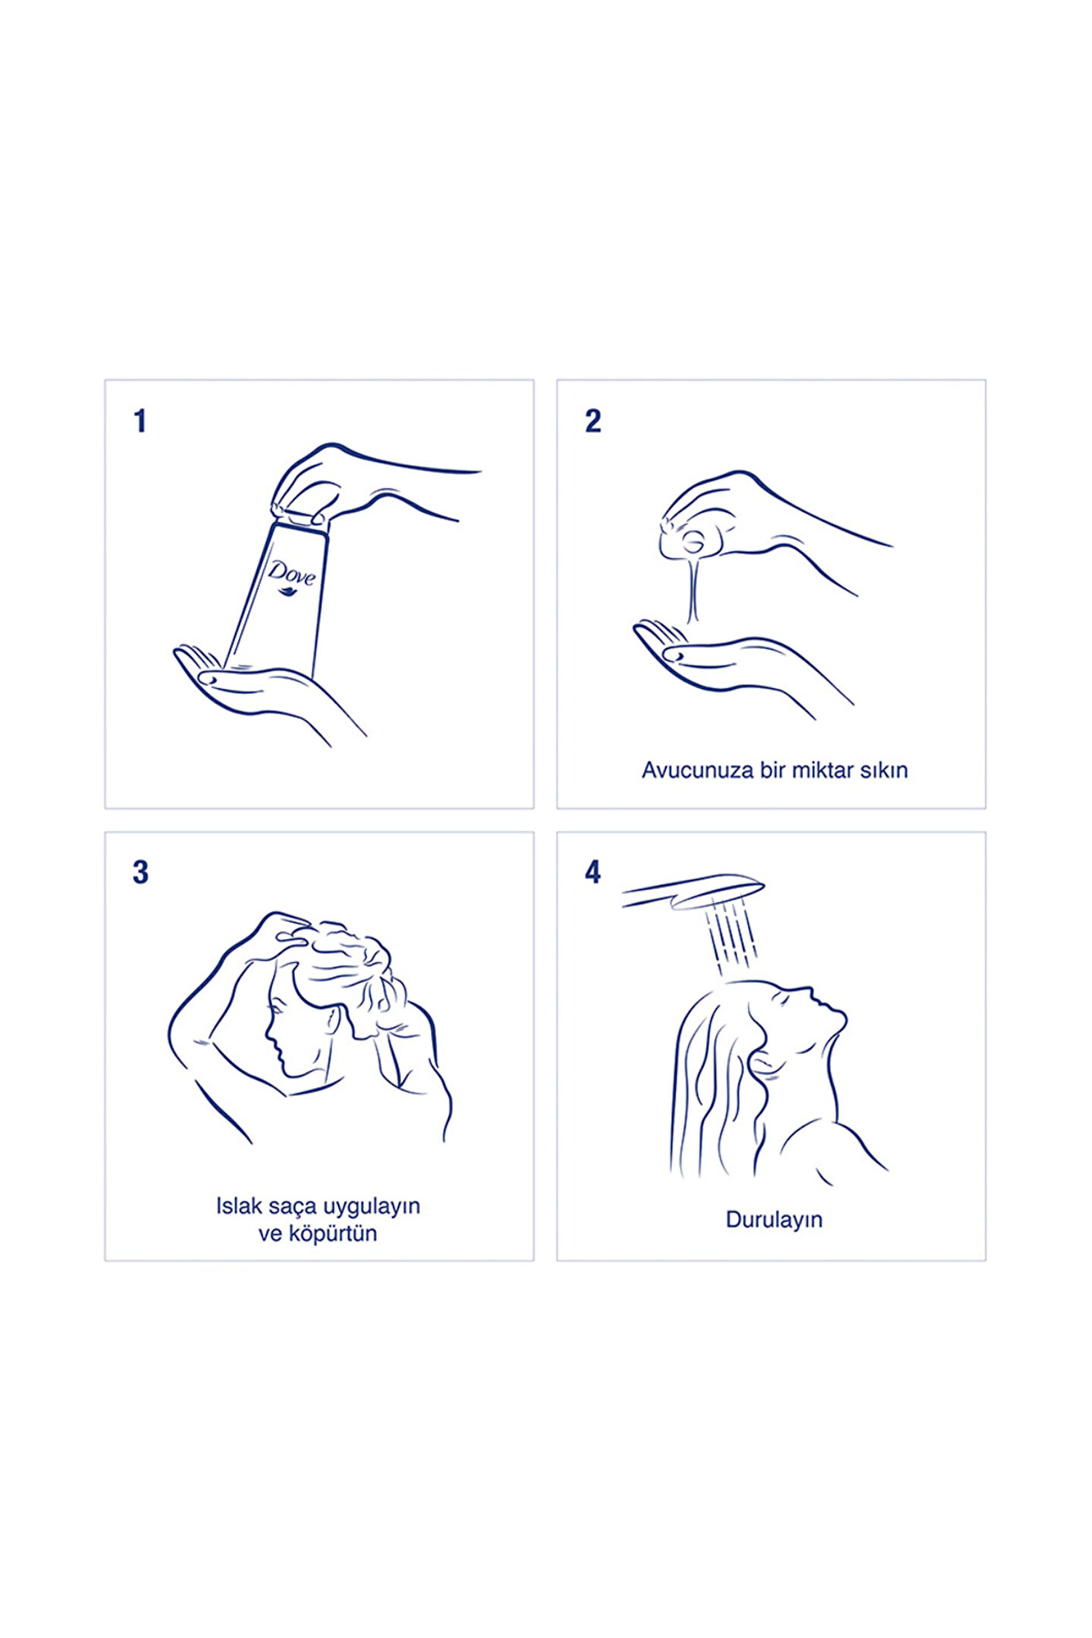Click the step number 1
(x=140, y=421)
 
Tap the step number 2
(x=593, y=421)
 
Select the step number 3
(x=141, y=873)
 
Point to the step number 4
(x=593, y=873)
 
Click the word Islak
(x=239, y=1207)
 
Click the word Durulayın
(x=774, y=1220)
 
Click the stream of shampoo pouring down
(x=692, y=591)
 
